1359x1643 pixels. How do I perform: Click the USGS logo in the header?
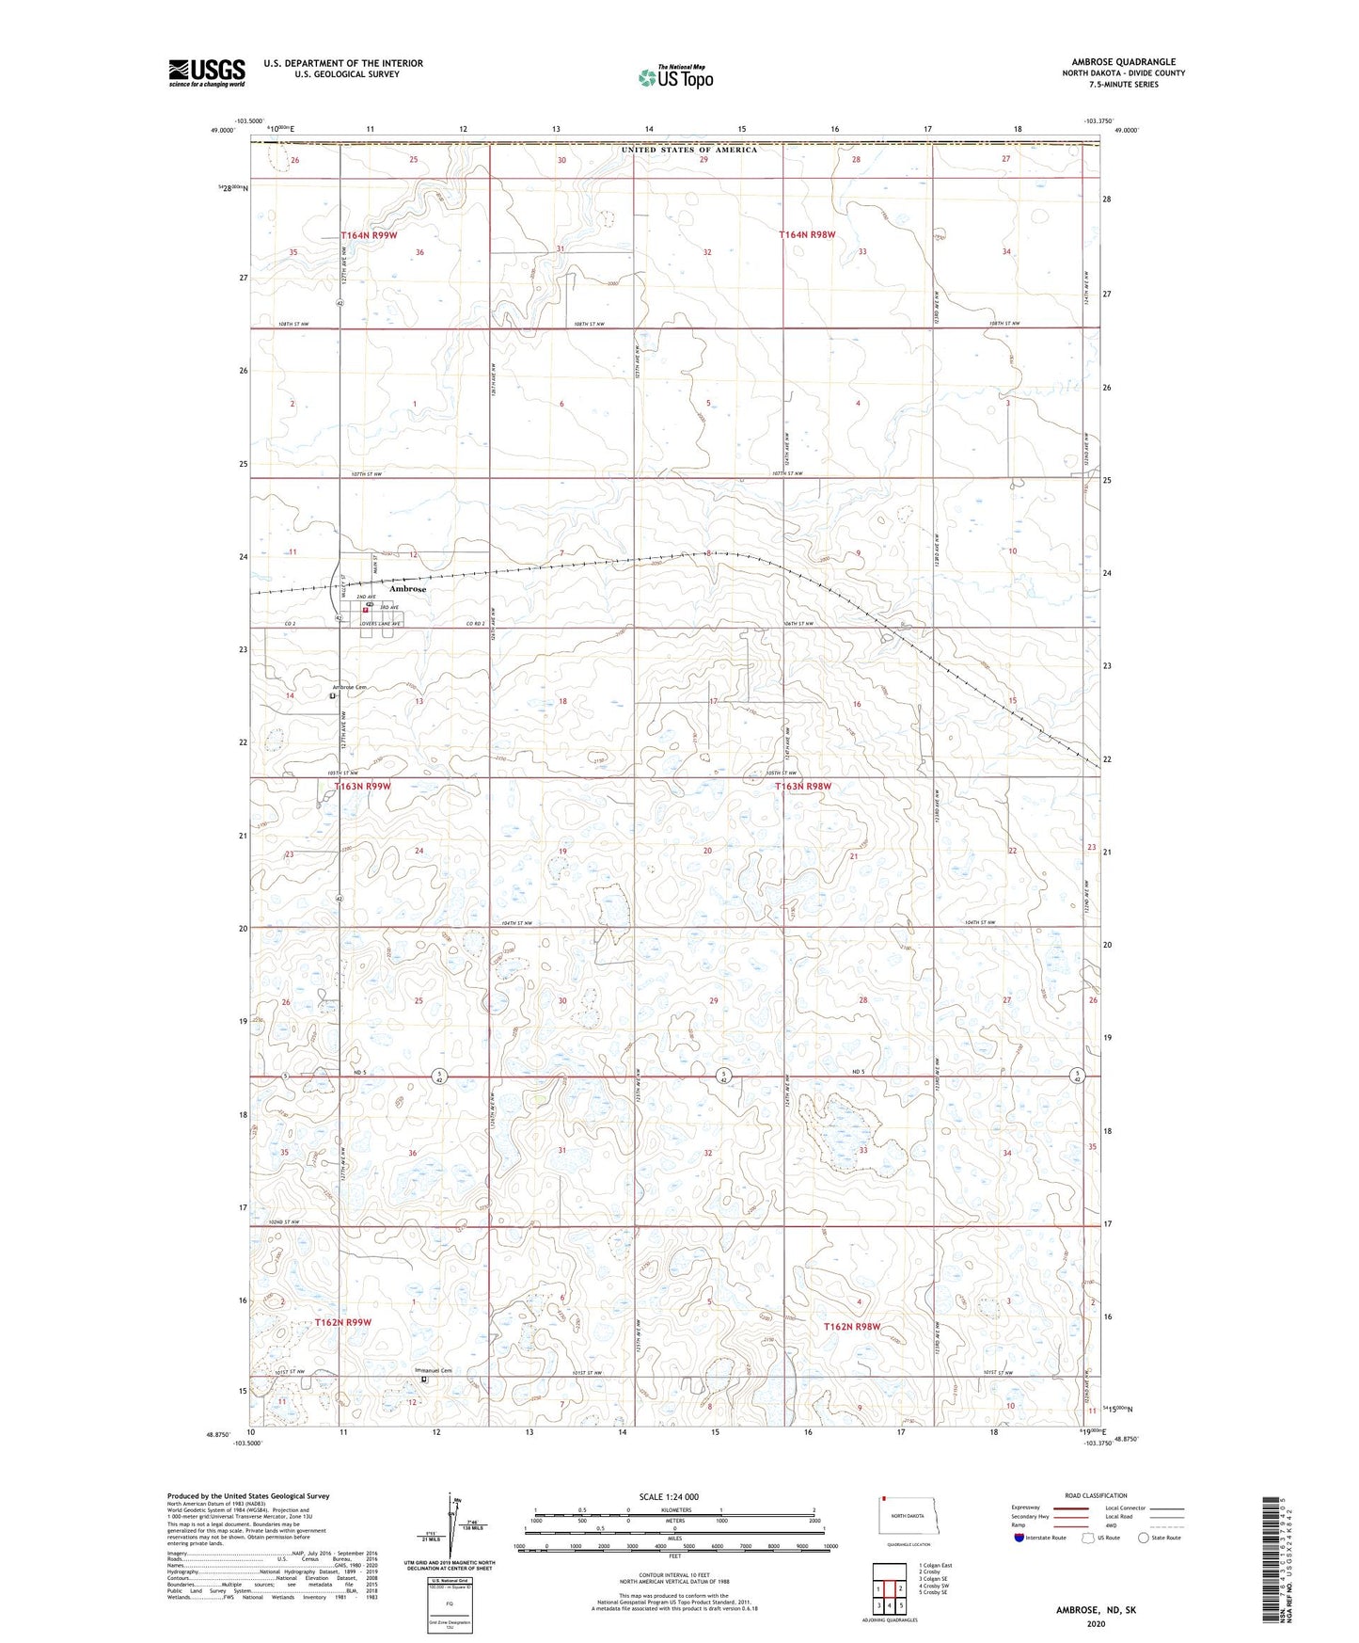(x=207, y=72)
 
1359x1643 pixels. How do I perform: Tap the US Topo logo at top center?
(x=674, y=77)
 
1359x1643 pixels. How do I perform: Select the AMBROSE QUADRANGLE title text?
(x=1123, y=62)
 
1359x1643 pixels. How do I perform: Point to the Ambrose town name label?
(x=407, y=589)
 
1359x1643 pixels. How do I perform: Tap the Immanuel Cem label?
(x=433, y=1370)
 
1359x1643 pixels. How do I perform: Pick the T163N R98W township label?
(x=802, y=787)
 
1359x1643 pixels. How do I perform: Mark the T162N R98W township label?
(x=852, y=1327)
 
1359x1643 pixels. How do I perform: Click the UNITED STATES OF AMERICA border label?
(x=688, y=150)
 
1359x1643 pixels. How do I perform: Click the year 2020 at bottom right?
(x=1096, y=1623)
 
